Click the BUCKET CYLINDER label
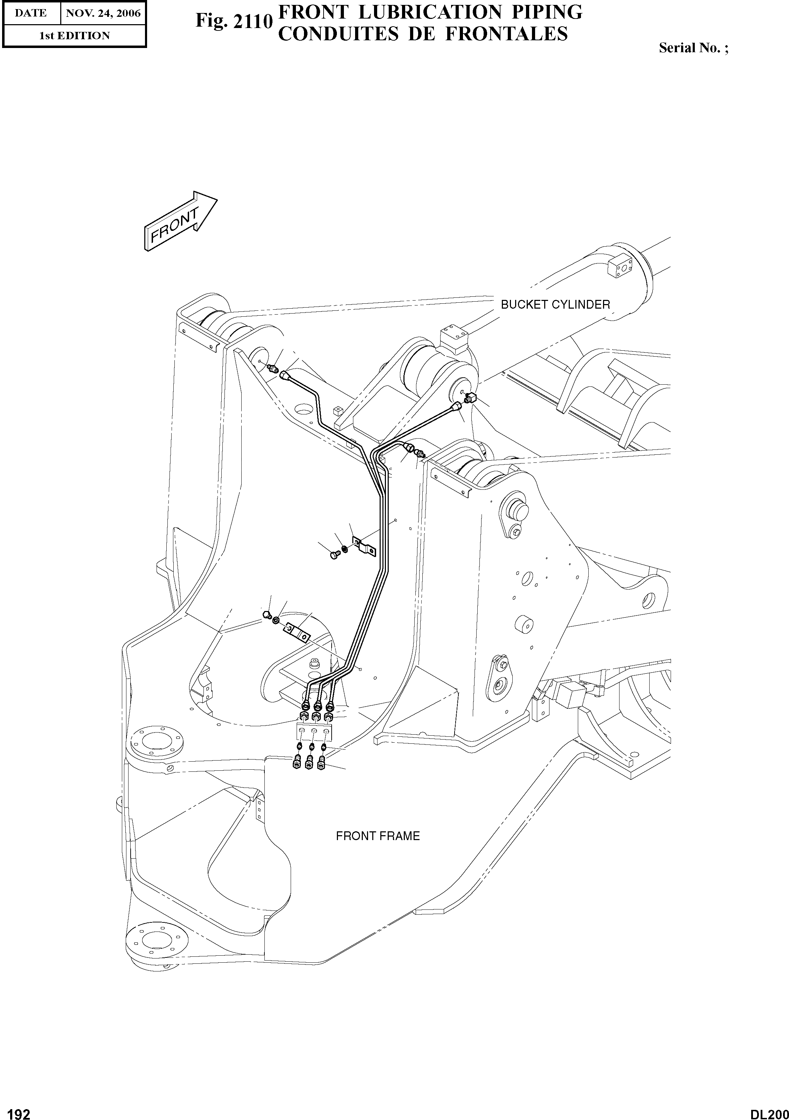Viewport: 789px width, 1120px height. (555, 304)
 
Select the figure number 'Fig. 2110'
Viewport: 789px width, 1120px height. (233, 21)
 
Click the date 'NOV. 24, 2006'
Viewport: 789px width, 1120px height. (103, 13)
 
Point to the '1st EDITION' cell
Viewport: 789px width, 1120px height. (75, 36)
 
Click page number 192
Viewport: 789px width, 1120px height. (16, 1111)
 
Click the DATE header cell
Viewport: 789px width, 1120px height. (30, 13)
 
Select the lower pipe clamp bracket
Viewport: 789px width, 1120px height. (297, 633)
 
